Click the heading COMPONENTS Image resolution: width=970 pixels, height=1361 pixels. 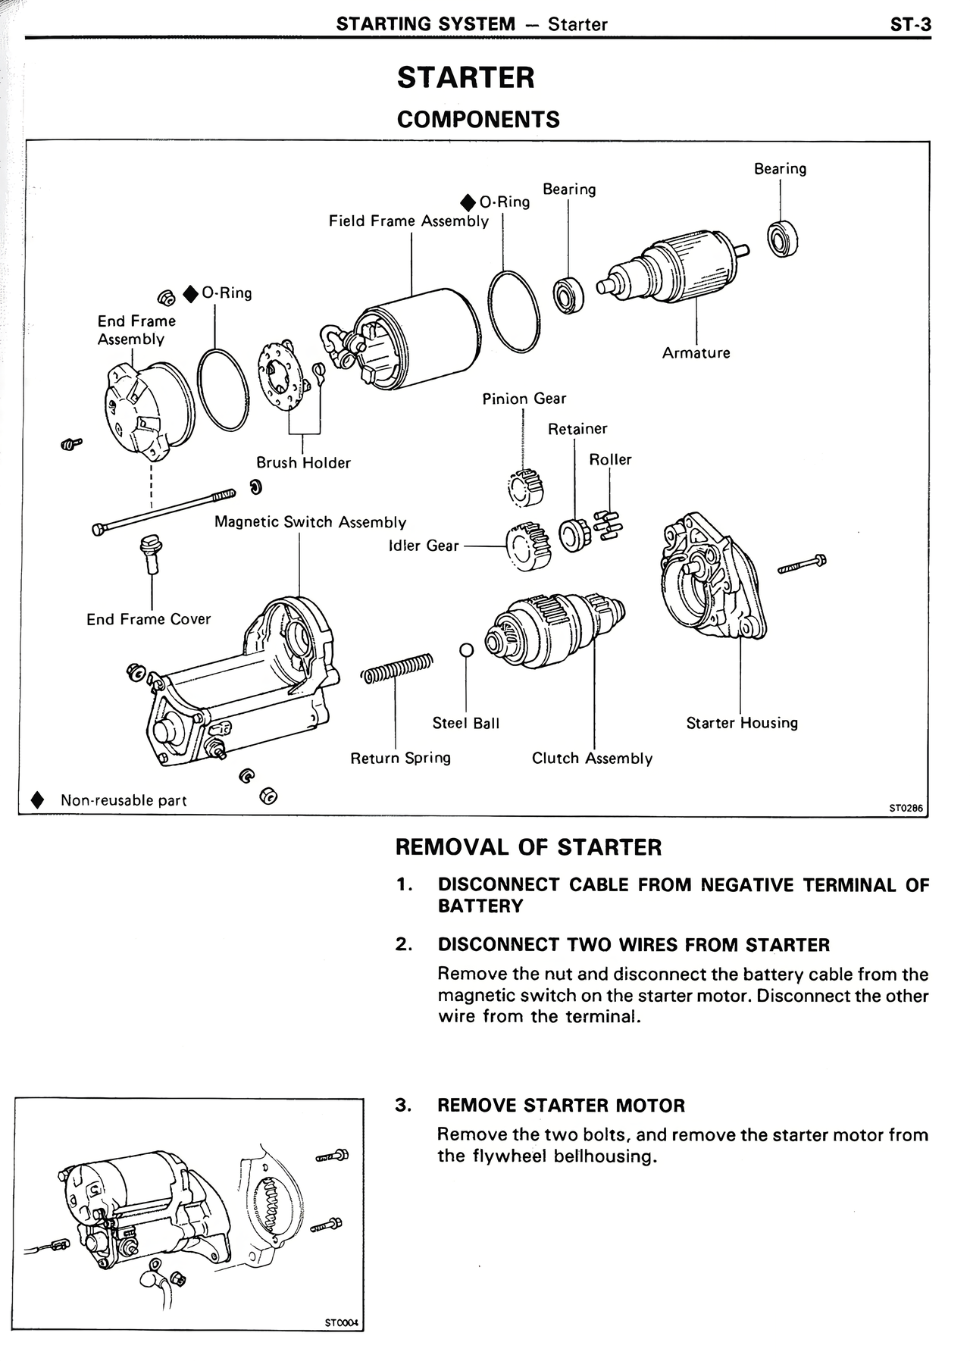[478, 120]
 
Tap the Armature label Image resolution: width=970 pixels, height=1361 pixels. [696, 353]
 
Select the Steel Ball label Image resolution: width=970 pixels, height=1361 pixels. [465, 724]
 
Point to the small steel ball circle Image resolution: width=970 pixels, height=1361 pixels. [467, 650]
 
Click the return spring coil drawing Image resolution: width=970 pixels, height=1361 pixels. [396, 667]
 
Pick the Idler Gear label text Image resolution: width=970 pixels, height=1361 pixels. [423, 546]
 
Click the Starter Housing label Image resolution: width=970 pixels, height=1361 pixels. [742, 723]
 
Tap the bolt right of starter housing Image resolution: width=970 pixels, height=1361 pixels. [802, 564]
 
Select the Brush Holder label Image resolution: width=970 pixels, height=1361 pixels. [303, 463]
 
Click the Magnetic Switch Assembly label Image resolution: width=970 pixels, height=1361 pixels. [310, 522]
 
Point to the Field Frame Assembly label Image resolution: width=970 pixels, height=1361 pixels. [408, 221]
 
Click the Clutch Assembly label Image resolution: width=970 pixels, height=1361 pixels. [592, 759]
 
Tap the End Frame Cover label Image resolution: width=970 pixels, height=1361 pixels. [149, 620]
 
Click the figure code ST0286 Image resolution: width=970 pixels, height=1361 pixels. [906, 808]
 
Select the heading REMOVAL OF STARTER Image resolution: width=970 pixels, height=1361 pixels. [528, 847]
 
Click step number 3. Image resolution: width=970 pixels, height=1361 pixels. [402, 1105]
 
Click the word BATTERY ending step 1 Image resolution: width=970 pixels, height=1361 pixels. [480, 906]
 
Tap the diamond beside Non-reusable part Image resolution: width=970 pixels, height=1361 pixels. [36, 801]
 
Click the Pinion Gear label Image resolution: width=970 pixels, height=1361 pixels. [524, 399]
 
